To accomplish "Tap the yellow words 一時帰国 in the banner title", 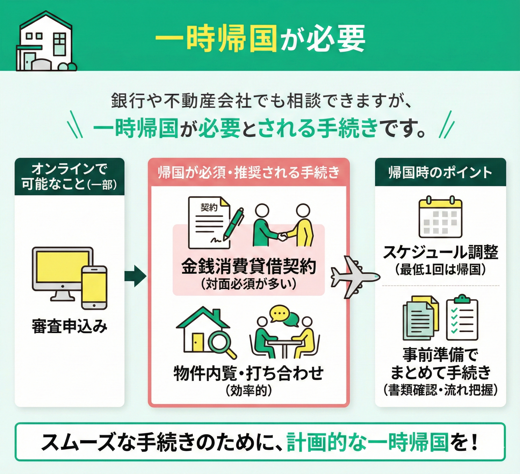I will point(215,39).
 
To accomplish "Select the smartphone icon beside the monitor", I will point(94,288).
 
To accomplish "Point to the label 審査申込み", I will point(69,326).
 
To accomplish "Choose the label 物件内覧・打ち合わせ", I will point(248,373).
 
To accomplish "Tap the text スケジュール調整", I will point(440,252).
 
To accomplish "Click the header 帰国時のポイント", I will point(440,172).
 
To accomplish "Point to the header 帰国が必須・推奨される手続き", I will point(248,172).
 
